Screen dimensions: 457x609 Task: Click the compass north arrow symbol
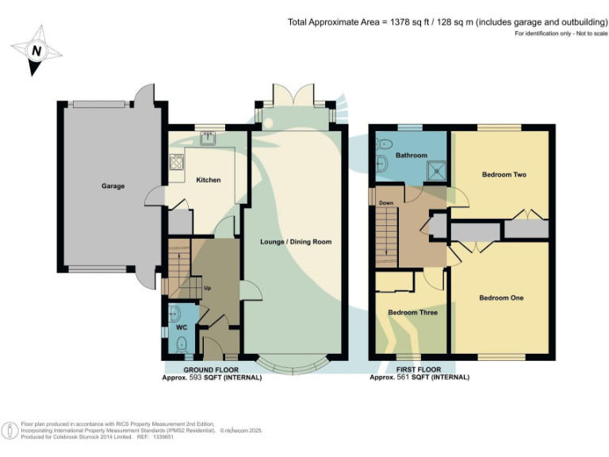[35, 51]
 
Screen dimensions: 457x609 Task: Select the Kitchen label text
[208, 180]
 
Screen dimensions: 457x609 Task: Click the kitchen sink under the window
[209, 139]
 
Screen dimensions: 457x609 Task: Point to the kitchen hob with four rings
[176, 163]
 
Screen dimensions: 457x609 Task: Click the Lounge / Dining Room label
[296, 241]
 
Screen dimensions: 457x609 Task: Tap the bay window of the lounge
[295, 364]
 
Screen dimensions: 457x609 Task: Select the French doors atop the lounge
[294, 97]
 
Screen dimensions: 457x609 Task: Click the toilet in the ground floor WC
[181, 343]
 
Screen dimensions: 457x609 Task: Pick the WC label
[180, 327]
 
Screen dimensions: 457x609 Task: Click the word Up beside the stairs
[208, 288]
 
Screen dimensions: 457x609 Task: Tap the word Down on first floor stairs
[386, 203]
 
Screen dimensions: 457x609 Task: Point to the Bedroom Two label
[504, 175]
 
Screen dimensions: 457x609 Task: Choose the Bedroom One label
[501, 298]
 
